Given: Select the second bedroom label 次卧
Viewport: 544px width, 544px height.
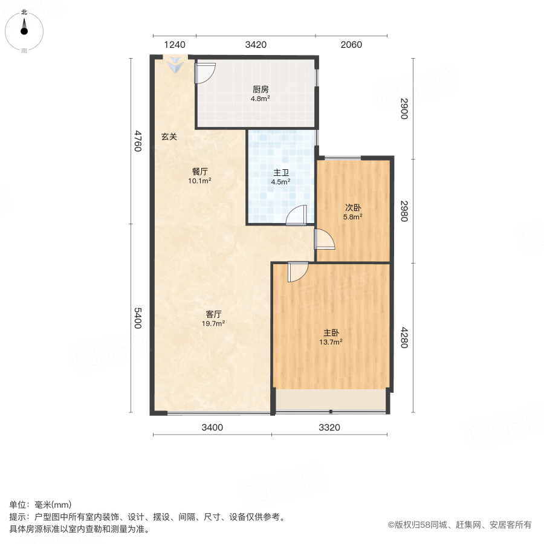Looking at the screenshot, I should point(353,207).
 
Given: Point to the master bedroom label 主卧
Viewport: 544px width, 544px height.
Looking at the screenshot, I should point(331,333).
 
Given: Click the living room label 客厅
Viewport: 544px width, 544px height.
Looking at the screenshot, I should point(214,314).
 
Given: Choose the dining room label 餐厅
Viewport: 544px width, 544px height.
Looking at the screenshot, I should point(200,172).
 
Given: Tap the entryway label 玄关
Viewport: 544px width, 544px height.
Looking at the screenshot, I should point(169,137).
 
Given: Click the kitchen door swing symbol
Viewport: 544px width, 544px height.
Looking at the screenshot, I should point(204,73).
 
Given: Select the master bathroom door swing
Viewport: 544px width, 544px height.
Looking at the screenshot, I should point(297,216).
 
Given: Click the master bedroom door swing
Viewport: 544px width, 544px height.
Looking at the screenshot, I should point(297,271).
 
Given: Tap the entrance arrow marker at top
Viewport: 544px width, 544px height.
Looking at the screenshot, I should point(174,65).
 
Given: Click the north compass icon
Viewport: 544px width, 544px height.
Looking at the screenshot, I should point(24,28).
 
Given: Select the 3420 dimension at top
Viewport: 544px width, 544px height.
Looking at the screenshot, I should point(256,45).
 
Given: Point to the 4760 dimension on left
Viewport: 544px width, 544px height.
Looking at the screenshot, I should point(138,141).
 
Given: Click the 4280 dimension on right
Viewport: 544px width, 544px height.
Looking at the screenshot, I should point(404,338).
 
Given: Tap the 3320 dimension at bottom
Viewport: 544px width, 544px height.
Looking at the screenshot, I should point(329,428).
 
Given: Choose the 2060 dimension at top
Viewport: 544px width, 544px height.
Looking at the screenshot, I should point(351,45).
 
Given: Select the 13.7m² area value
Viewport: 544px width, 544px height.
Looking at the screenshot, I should point(331,342).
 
